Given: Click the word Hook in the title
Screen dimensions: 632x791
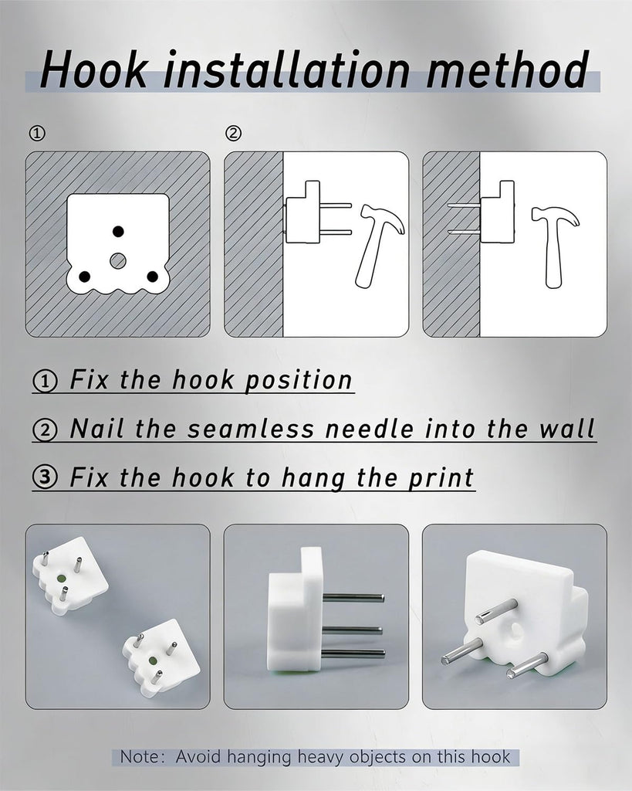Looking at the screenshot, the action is (x=94, y=69).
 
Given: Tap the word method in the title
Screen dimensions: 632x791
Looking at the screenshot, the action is (x=507, y=69).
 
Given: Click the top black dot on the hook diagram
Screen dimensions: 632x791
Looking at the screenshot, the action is (x=118, y=232).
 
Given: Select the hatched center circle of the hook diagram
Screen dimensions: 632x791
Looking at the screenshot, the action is (x=118, y=260).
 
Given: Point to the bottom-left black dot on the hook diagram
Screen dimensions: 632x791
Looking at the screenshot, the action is (x=85, y=277).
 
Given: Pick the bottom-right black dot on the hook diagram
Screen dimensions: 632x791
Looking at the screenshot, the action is (x=152, y=277).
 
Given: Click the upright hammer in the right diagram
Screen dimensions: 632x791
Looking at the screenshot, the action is (x=554, y=246).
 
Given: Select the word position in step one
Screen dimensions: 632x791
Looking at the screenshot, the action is (x=298, y=381).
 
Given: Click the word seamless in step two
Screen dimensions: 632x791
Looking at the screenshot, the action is (x=251, y=429).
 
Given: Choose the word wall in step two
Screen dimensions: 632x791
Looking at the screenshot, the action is (x=567, y=429).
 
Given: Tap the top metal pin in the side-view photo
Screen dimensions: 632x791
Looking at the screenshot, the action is (x=353, y=599).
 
